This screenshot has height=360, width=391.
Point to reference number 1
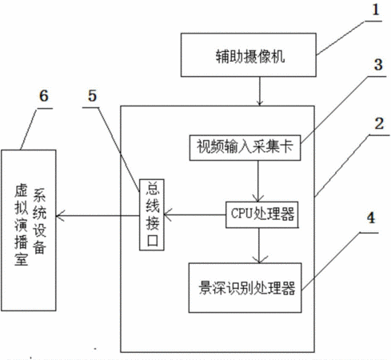coord(376,10)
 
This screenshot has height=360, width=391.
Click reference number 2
coord(379,124)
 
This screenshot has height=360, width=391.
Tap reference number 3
coord(378,65)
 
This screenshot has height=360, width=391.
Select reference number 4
coord(371,218)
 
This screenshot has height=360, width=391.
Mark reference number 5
coord(92,96)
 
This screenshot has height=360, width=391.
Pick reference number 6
coord(44,96)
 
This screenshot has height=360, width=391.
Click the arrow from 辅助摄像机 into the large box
coord(260,91)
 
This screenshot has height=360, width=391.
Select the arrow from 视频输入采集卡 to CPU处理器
coord(258,182)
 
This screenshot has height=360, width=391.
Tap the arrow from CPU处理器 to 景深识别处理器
coord(259,246)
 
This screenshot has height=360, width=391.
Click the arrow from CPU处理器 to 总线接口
coord(195,214)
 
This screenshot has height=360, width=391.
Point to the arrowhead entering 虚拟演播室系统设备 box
coord(60,215)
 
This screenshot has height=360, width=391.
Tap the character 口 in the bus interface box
coord(152,241)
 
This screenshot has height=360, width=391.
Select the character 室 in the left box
coord(21,259)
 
